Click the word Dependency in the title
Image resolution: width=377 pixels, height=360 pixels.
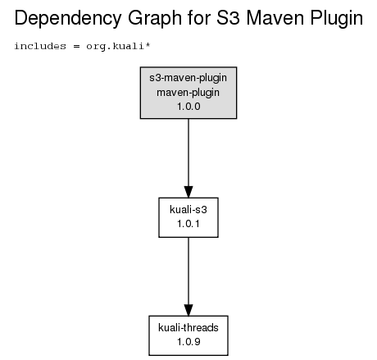68,19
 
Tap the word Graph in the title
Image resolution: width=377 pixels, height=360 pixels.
155,19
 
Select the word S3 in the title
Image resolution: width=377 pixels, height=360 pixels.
228,18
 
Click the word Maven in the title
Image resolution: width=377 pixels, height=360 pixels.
275,18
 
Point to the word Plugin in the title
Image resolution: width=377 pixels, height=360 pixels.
337,19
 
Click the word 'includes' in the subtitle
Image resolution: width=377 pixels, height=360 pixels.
40,46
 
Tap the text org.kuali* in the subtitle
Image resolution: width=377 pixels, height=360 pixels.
118,46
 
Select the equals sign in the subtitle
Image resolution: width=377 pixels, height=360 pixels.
76,47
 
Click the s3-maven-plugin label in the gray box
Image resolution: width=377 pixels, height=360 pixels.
188,78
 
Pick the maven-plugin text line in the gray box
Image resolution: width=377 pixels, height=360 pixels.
188,93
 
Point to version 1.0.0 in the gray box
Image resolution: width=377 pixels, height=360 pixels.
188,107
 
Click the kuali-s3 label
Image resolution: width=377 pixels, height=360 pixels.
188,210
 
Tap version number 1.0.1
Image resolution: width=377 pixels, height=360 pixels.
188,224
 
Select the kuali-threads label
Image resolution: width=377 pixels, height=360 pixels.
188,327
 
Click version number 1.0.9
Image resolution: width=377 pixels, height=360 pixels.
188,342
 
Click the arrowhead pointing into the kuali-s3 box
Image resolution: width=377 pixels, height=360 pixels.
188,192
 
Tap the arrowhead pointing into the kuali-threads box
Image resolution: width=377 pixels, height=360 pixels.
188,310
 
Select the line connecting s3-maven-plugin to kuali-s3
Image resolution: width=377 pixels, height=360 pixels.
188,153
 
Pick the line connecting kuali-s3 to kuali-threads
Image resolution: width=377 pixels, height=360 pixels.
188,271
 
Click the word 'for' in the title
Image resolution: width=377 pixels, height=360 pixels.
199,18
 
